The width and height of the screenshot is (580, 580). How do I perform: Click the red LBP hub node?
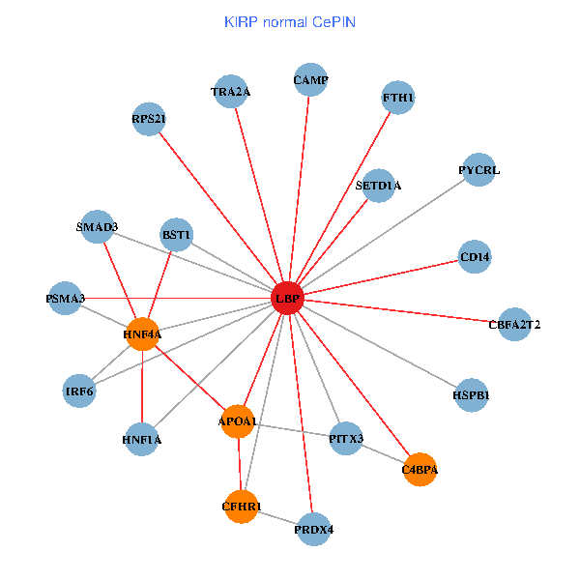(287, 299)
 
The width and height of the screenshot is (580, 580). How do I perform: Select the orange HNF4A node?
(142, 334)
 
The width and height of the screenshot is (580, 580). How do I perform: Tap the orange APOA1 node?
(238, 421)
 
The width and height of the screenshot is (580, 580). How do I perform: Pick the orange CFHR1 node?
(241, 506)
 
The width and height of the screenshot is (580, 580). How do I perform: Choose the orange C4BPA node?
(420, 470)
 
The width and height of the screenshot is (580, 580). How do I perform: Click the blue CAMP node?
(310, 80)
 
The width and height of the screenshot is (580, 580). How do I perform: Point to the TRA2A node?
(231, 92)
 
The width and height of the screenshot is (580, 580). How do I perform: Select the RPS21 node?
(149, 120)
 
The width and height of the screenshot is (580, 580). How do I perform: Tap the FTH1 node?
(398, 98)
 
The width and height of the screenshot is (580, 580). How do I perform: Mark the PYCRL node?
(478, 170)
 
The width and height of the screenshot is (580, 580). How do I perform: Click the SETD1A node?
(378, 185)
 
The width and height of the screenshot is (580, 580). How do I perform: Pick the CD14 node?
(475, 257)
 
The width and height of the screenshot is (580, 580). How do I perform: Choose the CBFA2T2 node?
(514, 324)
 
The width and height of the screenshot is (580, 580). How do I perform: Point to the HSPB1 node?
(471, 395)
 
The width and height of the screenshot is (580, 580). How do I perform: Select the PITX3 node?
(345, 439)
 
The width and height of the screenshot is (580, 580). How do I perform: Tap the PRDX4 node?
(313, 529)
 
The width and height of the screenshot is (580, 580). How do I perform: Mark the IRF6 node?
(79, 391)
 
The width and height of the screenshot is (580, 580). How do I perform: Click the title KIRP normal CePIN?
(289, 21)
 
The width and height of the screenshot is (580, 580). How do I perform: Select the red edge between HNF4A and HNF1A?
(142, 387)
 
